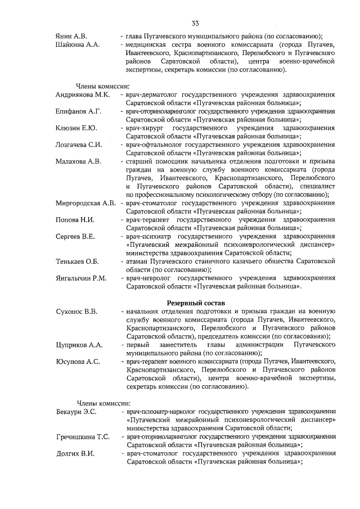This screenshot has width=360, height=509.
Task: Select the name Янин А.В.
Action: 72,35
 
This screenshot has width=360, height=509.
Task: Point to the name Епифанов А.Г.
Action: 78,111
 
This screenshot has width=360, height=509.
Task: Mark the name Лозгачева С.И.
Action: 79,145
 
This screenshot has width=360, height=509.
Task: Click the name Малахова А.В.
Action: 78,161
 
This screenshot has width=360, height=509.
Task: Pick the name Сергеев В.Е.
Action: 75,236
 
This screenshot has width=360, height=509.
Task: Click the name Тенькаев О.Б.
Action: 77,261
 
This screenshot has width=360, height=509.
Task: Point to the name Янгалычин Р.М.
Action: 81,278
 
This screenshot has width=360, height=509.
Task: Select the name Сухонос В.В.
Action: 77,311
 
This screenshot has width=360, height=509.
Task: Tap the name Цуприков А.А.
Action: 79,344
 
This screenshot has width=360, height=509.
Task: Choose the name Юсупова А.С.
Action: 78,361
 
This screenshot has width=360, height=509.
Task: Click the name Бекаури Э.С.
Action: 76,412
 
